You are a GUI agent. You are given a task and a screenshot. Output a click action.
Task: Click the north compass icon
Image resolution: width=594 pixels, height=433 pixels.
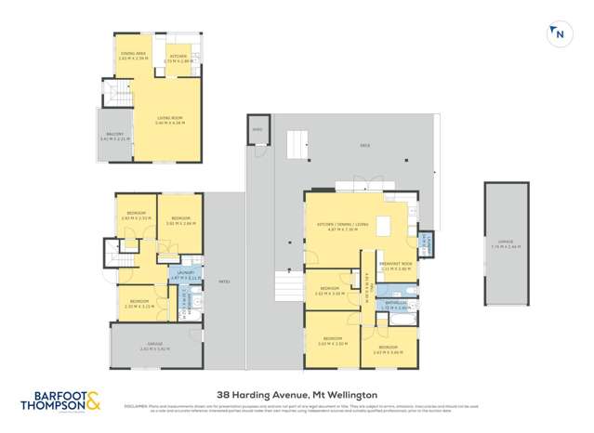tap(560, 33)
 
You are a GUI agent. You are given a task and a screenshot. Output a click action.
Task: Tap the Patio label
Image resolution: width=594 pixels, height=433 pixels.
tap(224, 280)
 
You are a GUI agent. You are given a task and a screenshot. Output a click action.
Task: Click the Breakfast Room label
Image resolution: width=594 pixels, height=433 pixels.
tap(396, 264)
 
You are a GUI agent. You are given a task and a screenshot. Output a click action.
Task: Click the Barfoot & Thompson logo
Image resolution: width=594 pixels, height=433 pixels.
tap(61, 402)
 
